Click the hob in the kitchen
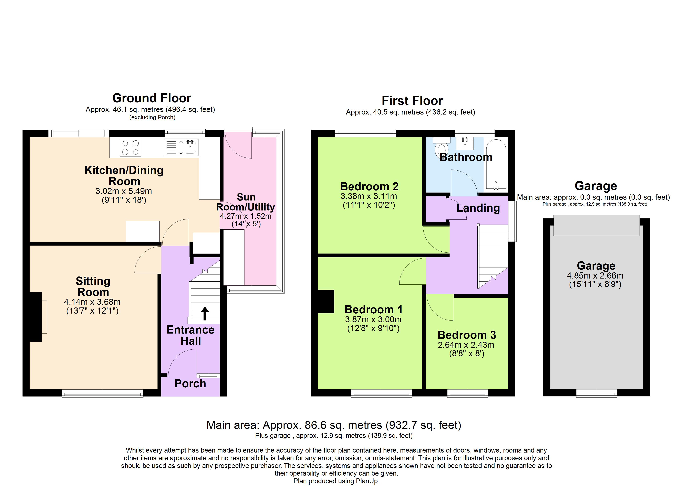(130, 147)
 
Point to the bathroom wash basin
(465, 143)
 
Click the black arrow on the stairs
(205, 313)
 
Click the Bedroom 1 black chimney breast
(326, 301)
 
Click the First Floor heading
(412, 101)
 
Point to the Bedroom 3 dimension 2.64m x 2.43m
(466, 345)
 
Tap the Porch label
(190, 383)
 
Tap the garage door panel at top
(597, 225)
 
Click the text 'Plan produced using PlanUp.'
(336, 481)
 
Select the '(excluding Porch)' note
(152, 117)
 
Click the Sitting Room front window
(103, 393)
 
